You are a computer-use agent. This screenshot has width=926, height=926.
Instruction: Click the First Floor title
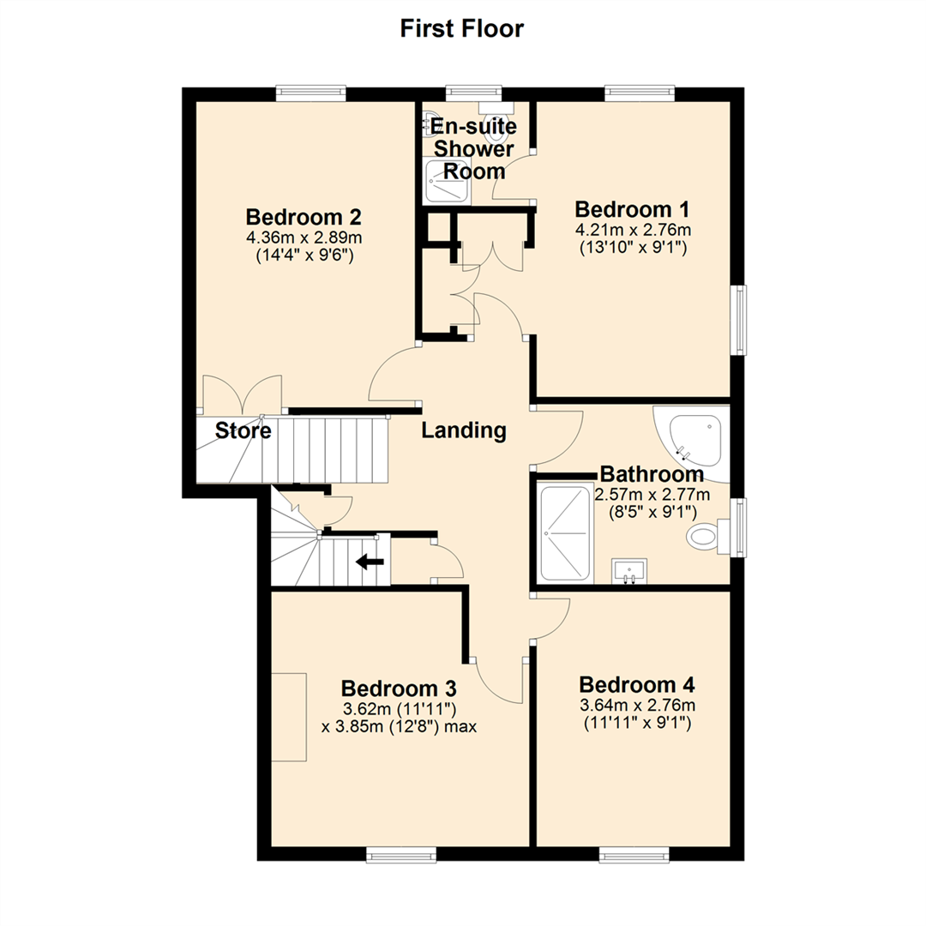(x=462, y=28)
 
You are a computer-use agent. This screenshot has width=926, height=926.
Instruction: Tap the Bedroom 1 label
(x=633, y=209)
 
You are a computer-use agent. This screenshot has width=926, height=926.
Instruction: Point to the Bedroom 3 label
(x=398, y=688)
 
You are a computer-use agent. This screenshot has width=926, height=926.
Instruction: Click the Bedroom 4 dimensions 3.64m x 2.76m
(x=636, y=706)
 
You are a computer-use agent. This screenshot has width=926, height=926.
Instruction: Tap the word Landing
(x=463, y=430)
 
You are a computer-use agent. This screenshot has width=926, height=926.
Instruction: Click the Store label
(x=244, y=430)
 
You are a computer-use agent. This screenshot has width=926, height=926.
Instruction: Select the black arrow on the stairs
(x=370, y=562)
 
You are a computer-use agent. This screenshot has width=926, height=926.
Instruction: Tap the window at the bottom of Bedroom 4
(x=634, y=854)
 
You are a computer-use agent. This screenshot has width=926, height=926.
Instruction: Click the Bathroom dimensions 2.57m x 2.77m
(x=652, y=495)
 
